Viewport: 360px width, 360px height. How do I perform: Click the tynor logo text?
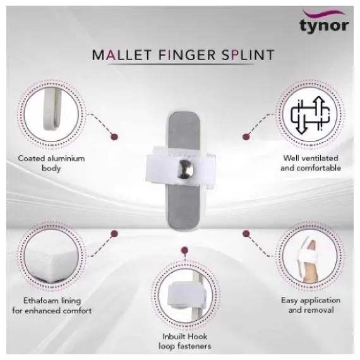click(324, 26)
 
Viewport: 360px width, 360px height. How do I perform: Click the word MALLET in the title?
click(122, 55)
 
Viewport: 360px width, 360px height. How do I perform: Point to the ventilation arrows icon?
click(310, 115)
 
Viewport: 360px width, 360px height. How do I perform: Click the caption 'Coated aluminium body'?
click(51, 163)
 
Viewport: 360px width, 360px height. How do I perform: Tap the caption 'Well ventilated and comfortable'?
click(311, 163)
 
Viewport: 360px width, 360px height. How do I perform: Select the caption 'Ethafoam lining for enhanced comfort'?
click(52, 306)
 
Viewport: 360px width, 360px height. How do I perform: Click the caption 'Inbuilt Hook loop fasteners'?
click(185, 342)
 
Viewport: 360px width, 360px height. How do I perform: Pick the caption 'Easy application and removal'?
click(311, 305)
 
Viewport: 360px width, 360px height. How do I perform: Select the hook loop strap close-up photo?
click(185, 296)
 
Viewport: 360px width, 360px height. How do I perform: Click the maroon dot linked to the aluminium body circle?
click(114, 137)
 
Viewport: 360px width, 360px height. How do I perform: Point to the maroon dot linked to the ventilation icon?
click(246, 137)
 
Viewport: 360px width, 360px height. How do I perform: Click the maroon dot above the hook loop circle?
click(184, 250)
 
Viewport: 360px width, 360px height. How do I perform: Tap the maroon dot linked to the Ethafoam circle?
click(114, 234)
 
